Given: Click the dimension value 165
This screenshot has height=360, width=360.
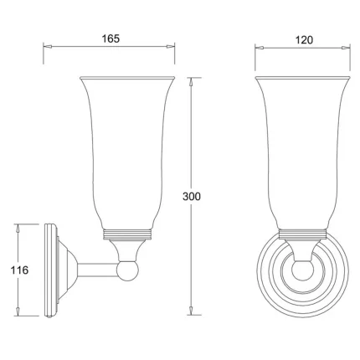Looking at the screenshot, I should point(109,39).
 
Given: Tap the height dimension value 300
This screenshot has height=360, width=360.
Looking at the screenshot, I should point(192,196).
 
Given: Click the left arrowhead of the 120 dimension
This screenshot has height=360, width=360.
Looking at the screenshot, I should point(257,49).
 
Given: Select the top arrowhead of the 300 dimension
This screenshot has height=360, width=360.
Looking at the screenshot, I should point(192,81).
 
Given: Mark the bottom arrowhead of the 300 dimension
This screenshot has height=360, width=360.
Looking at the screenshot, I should point(192,311).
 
